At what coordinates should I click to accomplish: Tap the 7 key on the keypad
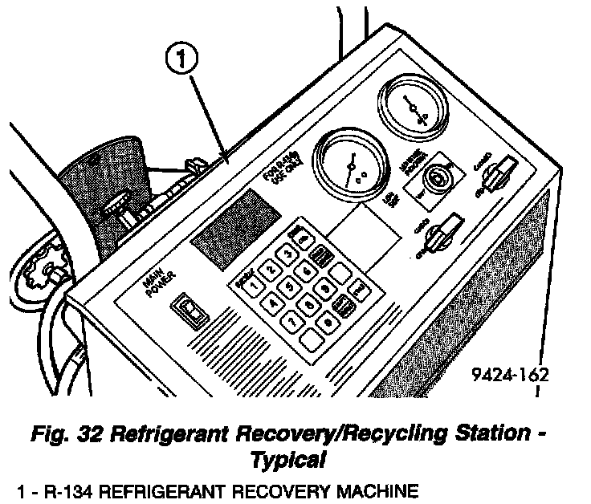pyautogui.click(x=293, y=323)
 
